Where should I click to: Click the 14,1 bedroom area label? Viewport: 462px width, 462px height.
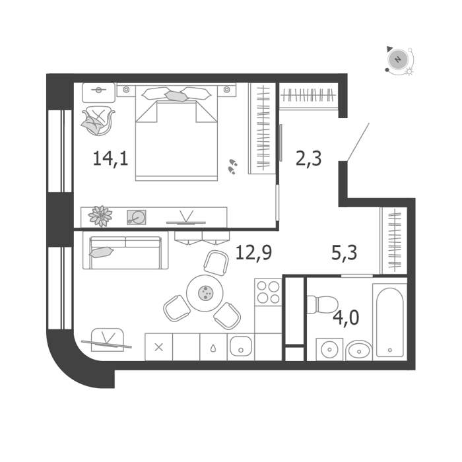(x=110, y=159)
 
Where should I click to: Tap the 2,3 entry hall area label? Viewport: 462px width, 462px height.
(x=308, y=159)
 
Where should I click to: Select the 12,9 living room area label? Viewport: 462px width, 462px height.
(x=253, y=253)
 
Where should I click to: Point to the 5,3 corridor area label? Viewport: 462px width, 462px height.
(x=344, y=253)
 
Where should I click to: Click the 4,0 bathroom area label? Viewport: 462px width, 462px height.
(x=346, y=317)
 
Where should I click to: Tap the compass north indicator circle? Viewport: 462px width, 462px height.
(x=398, y=59)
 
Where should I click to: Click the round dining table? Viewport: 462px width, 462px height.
(x=205, y=293)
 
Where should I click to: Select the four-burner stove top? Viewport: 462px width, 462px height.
(x=268, y=292)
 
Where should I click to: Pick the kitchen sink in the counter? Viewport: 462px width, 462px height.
(x=241, y=346)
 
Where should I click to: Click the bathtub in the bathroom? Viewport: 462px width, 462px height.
(x=390, y=322)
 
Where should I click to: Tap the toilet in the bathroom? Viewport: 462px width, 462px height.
(x=322, y=305)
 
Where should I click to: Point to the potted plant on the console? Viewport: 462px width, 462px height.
(x=100, y=216)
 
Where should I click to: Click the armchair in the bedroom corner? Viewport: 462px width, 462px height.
(x=98, y=121)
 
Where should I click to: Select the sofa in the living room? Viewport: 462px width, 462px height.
(x=125, y=250)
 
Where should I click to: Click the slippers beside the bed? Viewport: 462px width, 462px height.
(x=233, y=166)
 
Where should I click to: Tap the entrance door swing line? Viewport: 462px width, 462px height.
(x=358, y=143)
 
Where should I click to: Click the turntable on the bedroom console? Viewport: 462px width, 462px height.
(x=137, y=217)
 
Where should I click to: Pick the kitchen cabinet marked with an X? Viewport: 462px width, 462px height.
(x=158, y=347)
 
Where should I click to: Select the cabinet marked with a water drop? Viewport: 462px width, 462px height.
(x=213, y=347)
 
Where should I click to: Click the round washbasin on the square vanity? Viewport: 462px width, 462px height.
(x=329, y=349)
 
